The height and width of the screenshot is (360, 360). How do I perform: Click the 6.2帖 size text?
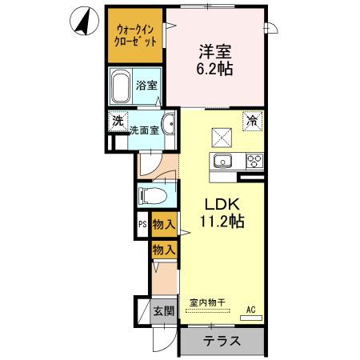(216, 70)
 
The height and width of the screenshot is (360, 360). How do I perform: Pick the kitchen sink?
(221, 162)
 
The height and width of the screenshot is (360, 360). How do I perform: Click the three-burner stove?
(254, 161)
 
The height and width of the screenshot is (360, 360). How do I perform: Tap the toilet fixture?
(153, 196)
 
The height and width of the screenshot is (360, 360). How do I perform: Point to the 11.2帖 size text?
(216, 222)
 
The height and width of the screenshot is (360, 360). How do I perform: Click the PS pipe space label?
(142, 225)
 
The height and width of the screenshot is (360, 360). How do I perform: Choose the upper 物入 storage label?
(163, 225)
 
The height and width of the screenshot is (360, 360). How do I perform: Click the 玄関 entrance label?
(163, 311)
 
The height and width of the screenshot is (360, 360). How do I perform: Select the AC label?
(250, 309)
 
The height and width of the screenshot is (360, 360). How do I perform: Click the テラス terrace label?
(221, 340)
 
